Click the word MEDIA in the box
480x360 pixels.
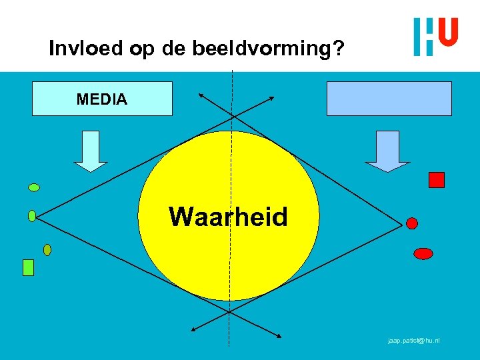(102, 99)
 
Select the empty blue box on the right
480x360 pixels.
(389, 99)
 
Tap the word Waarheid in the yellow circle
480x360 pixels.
(228, 217)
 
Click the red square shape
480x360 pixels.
(437, 179)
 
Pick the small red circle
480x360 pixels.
(412, 223)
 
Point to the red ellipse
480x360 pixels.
(423, 253)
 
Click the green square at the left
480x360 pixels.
(28, 267)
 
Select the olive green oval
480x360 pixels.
(47, 250)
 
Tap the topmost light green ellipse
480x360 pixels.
(34, 187)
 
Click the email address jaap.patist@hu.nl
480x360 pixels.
(413, 341)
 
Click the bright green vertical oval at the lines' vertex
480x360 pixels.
(32, 215)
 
